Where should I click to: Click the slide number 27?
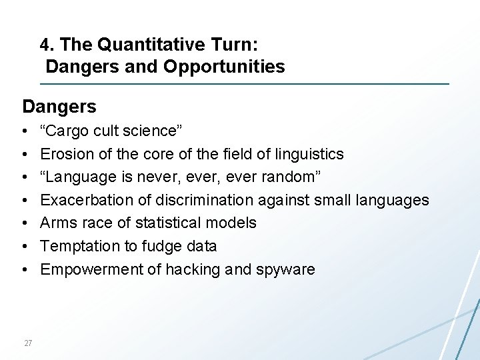28,343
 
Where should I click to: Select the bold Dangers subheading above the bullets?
59,107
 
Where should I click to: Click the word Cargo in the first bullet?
67,131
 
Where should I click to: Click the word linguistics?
309,154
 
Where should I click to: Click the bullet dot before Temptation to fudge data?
24,247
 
